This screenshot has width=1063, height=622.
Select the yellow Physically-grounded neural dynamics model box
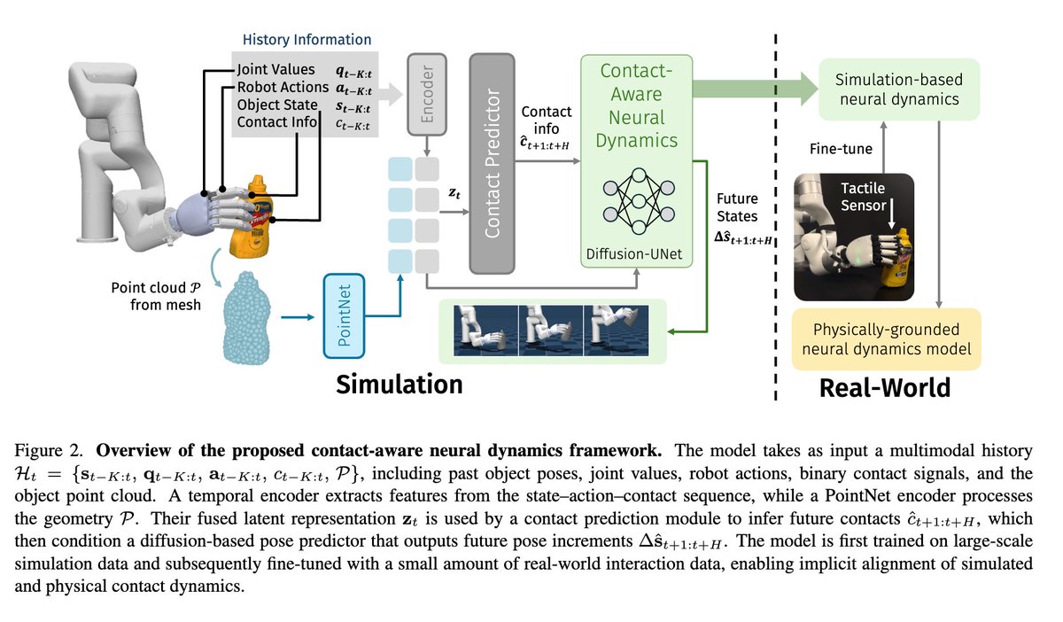(886, 339)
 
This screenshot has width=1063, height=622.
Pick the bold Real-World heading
(884, 387)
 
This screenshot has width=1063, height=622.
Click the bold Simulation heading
(400, 384)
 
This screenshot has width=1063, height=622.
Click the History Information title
(307, 39)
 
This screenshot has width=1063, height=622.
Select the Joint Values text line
(275, 69)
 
